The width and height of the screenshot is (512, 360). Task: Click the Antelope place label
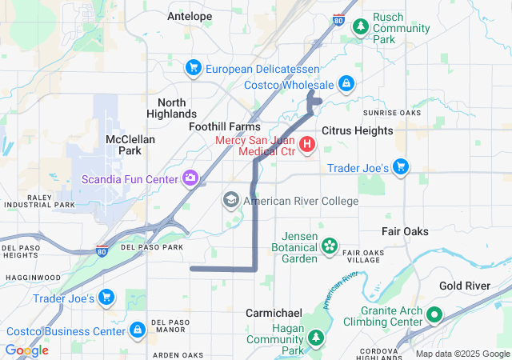pos(190,16)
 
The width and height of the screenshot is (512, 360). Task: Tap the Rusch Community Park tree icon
pos(362,26)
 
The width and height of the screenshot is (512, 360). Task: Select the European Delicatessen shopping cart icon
pos(193,69)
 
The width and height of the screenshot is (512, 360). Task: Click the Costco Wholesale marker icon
pos(346,82)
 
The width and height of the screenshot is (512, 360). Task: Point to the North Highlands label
pos(171,108)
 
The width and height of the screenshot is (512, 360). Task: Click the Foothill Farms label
pos(225,127)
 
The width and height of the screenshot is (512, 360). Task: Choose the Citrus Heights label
pos(357,130)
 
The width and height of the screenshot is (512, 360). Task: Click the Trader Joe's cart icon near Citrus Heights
pos(401,166)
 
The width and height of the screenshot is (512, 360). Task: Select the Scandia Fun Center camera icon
pos(190,178)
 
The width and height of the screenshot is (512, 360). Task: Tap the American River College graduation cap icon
pos(231,200)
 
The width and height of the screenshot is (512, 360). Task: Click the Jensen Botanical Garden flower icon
pos(329,246)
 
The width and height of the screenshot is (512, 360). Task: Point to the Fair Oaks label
pos(405,231)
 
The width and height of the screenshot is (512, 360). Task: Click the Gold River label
pos(464,286)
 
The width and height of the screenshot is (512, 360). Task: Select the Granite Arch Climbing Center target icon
pos(434,314)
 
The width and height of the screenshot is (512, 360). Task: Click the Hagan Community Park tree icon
pos(316,339)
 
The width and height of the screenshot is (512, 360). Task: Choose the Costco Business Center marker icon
pos(138,330)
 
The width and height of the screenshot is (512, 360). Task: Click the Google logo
pos(27,350)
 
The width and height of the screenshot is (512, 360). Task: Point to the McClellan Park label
pos(130,144)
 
